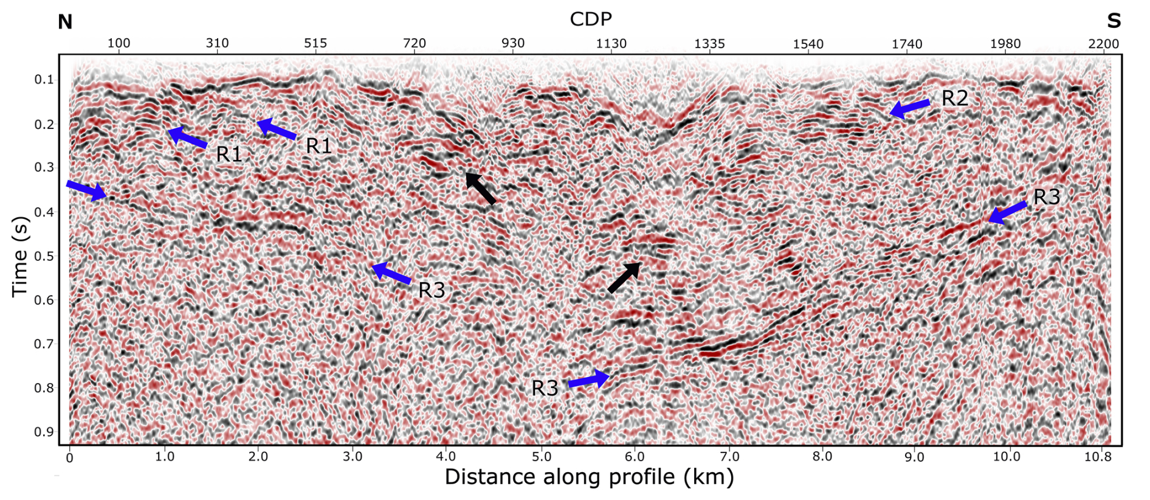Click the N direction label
[x=65, y=23]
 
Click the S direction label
[x=1114, y=21]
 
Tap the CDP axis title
[x=590, y=19]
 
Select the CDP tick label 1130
[x=611, y=44]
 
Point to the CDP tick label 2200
[x=1103, y=44]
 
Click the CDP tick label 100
[x=119, y=44]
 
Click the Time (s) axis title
[x=20, y=256]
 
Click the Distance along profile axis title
[x=589, y=477]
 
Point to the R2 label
[x=954, y=99]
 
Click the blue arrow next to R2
[x=909, y=108]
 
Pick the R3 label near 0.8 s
[x=545, y=389]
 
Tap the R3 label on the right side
[x=1047, y=197]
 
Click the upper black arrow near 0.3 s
[x=480, y=188]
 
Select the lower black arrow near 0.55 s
[x=624, y=277]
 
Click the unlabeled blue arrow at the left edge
[x=86, y=190]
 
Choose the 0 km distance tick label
[x=69, y=457]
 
